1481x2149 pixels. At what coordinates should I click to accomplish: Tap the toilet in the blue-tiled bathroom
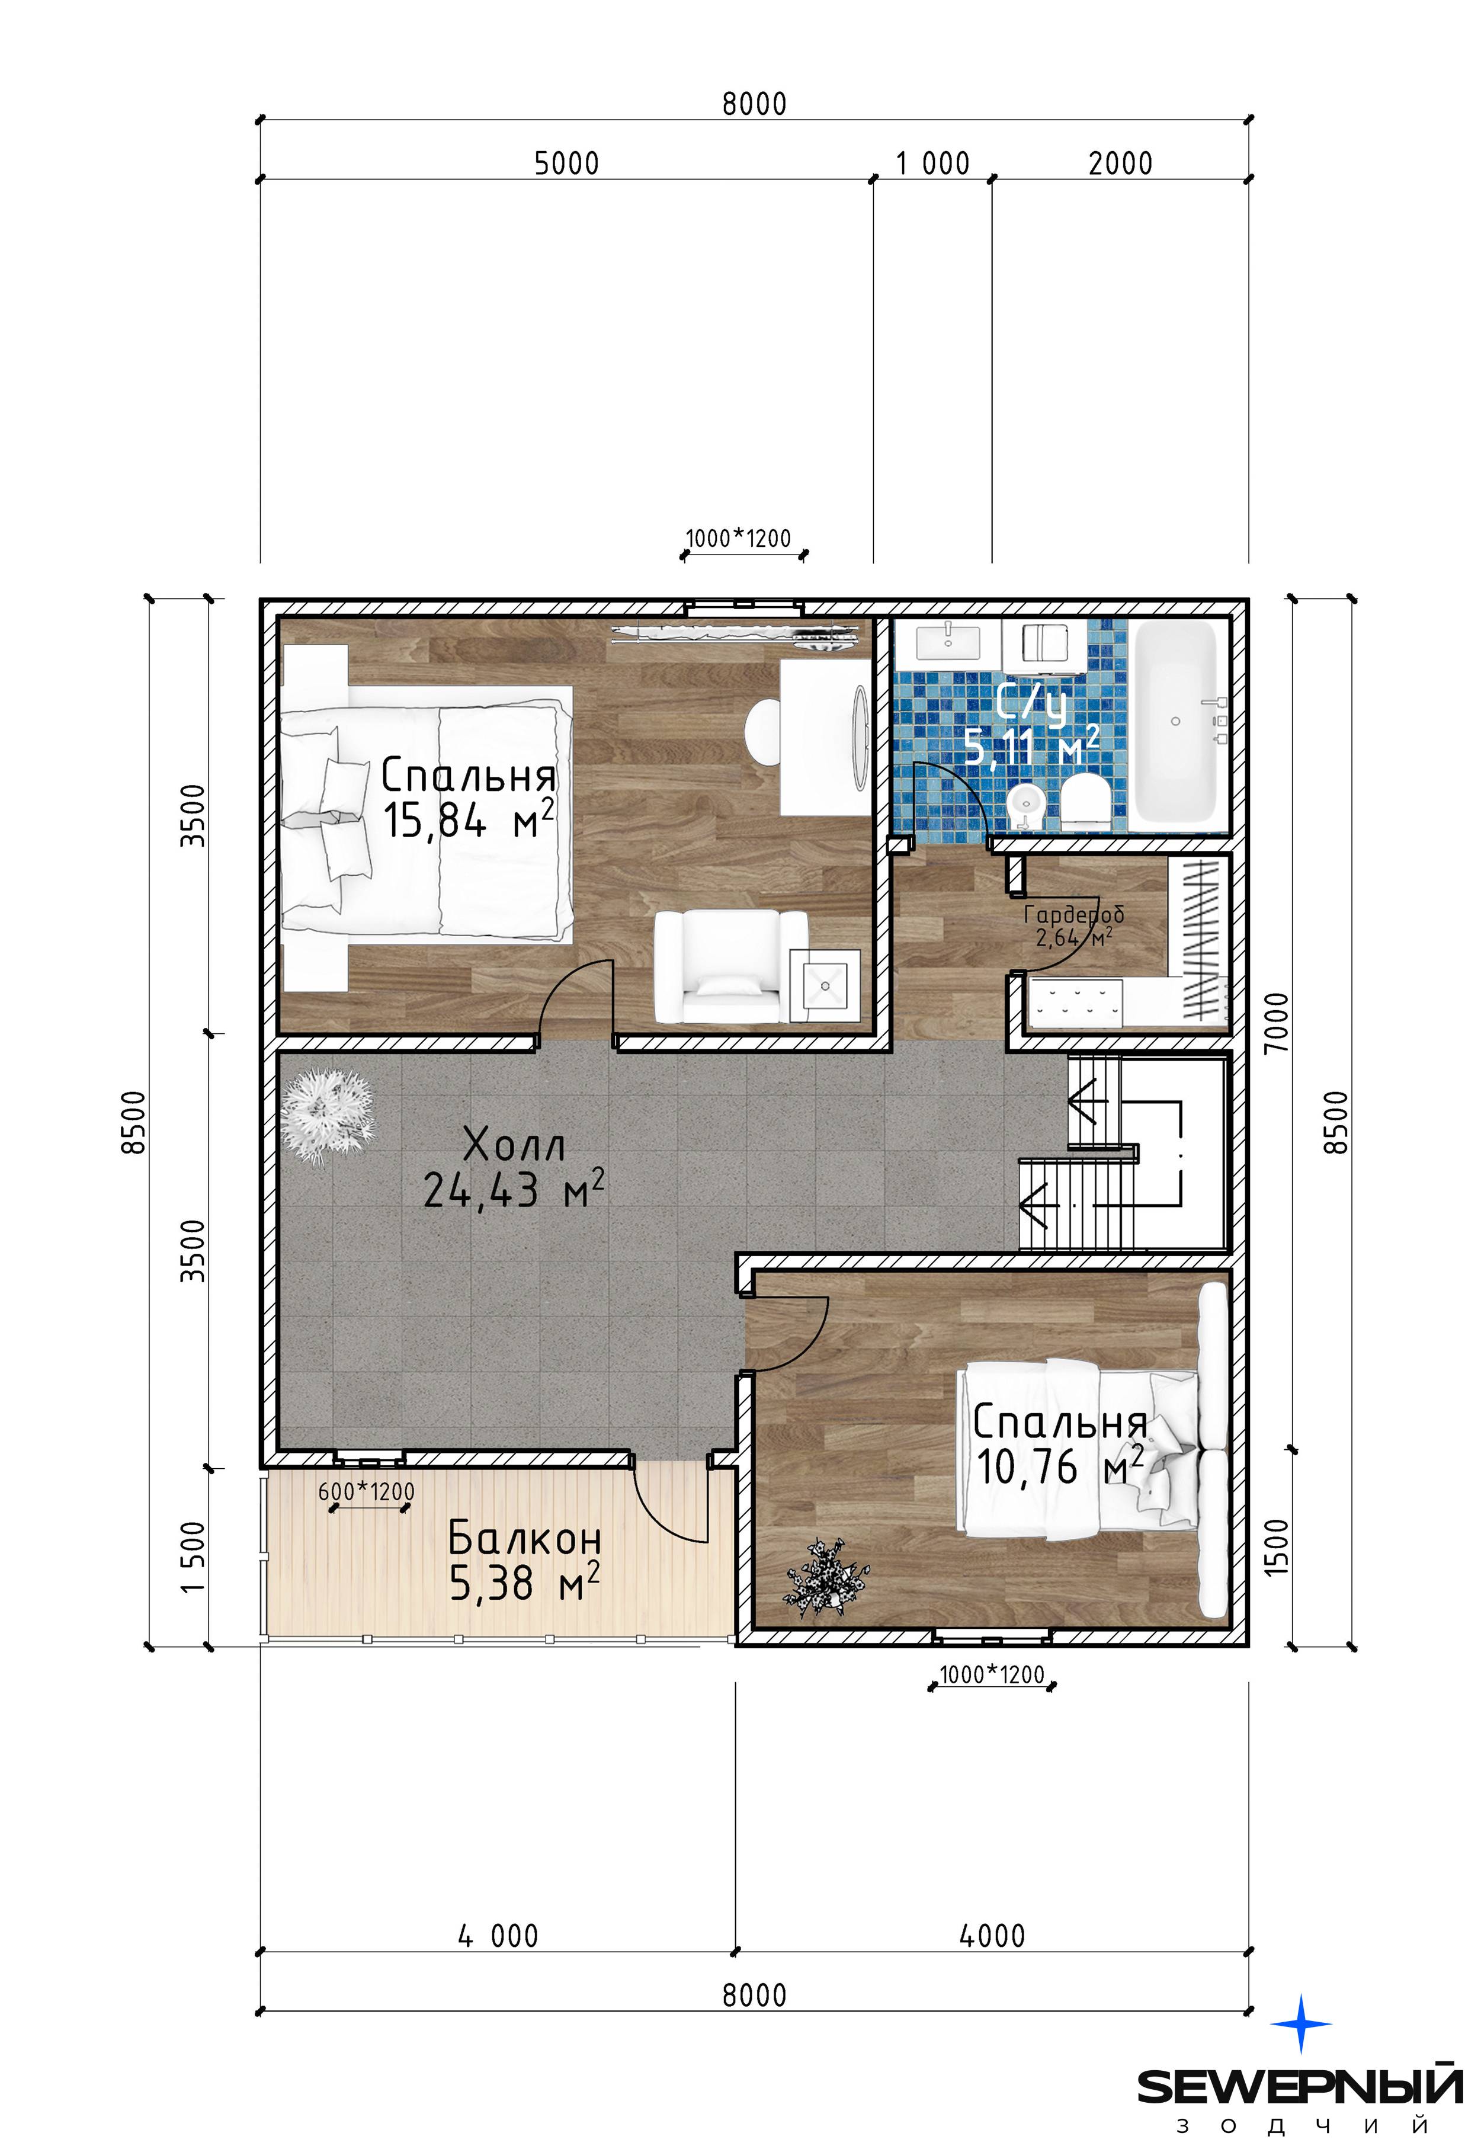(x=1084, y=802)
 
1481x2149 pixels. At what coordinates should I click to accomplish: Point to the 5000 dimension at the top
(x=566, y=164)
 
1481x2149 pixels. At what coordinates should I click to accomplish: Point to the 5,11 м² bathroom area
(x=1032, y=746)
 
